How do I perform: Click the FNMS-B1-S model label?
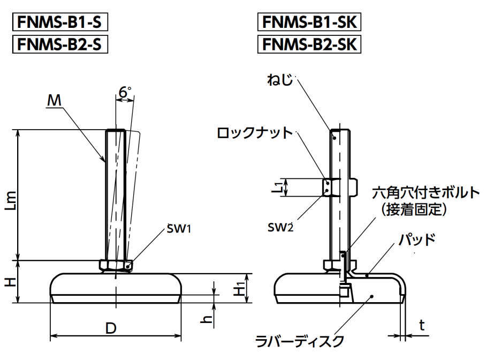coord(59,22)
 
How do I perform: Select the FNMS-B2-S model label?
coord(59,44)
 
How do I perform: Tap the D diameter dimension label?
coord(111,328)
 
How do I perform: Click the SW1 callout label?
coord(179,229)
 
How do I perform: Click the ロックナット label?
coord(255,133)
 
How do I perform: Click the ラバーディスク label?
coord(299,340)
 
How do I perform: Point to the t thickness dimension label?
coord(422,325)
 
